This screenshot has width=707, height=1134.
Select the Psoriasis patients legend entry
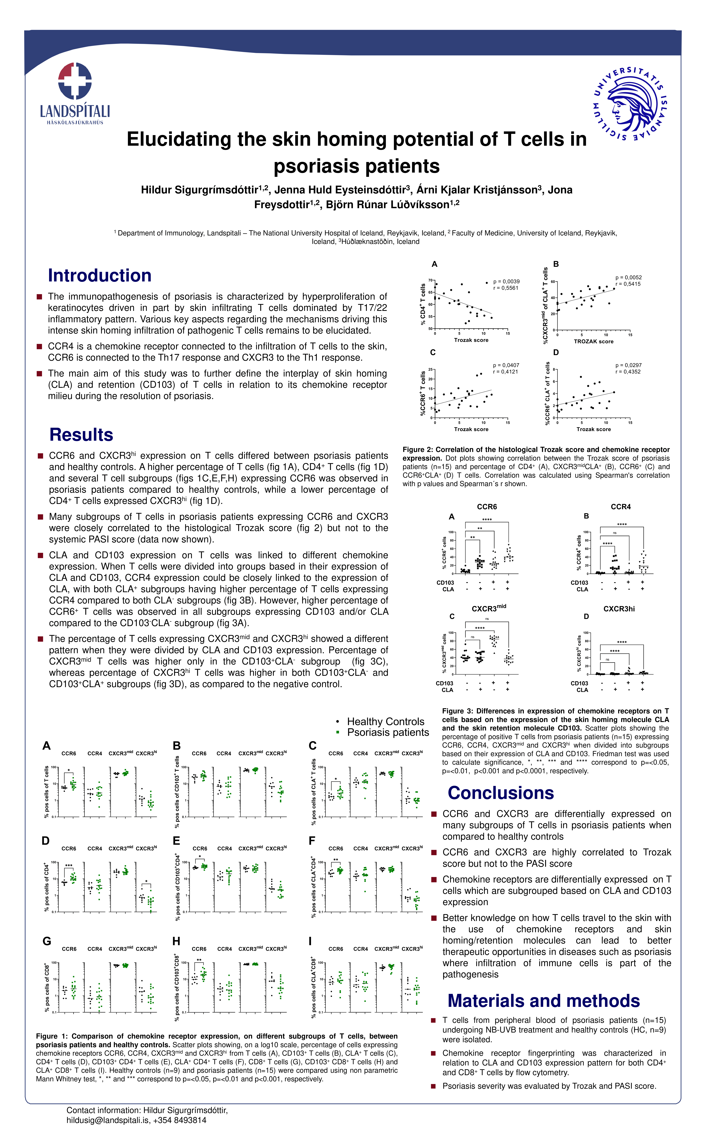[x=388, y=732]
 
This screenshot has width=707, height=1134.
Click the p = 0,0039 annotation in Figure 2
[x=506, y=281]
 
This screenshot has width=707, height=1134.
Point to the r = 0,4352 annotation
[x=628, y=372]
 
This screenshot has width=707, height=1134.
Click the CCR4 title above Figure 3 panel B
[x=621, y=507]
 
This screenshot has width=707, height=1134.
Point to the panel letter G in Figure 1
[x=47, y=941]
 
